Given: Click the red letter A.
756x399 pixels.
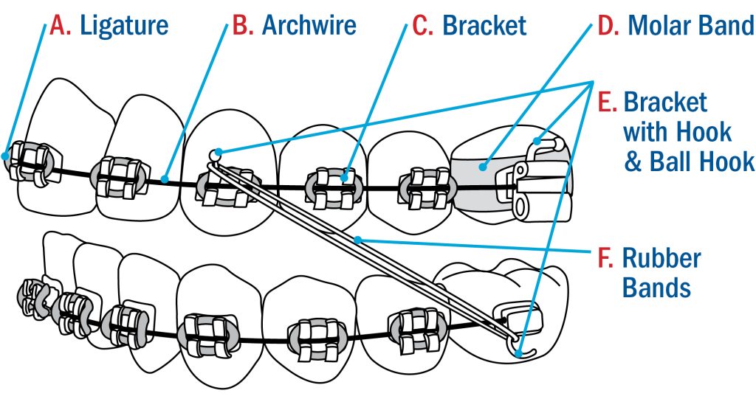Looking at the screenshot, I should [x=58, y=25].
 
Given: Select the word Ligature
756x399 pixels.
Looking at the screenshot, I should [x=124, y=25].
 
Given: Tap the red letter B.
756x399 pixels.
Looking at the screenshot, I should [x=242, y=25].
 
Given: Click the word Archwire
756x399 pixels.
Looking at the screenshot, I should [x=309, y=25].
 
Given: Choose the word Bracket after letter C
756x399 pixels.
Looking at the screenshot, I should [x=484, y=25].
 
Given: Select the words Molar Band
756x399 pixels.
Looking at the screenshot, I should [x=690, y=25].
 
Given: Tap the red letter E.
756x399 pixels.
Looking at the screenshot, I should [x=607, y=102].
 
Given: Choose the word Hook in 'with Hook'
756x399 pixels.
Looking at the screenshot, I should [x=706, y=133].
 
